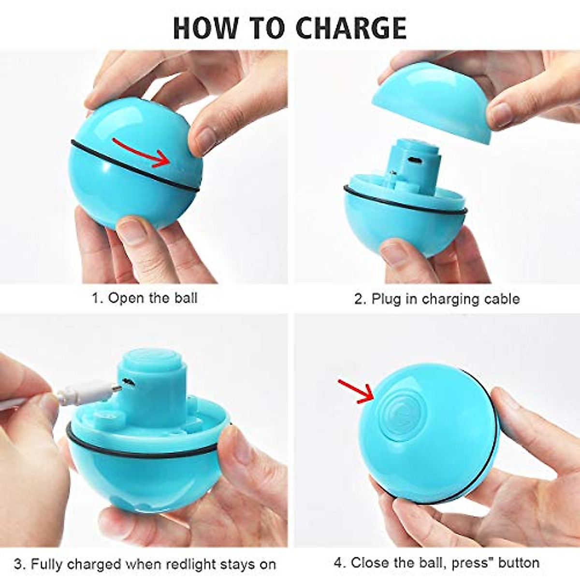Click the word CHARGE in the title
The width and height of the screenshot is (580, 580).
pyautogui.click(x=351, y=28)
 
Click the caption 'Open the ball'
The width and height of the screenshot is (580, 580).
pyautogui.click(x=152, y=298)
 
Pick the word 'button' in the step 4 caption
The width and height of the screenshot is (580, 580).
pyautogui.click(x=519, y=563)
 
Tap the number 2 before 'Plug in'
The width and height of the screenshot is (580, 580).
pyautogui.click(x=360, y=299)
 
